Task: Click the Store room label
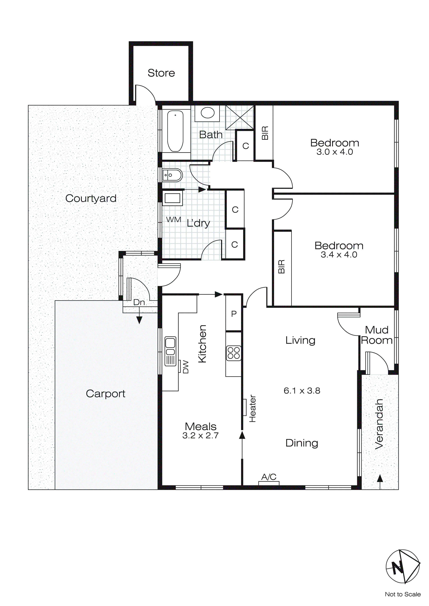[x=161, y=73]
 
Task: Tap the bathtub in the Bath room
[x=175, y=131]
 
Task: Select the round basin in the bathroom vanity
[x=208, y=113]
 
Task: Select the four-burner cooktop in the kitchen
[x=233, y=353]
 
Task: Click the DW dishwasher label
[x=186, y=367]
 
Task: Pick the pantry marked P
[x=234, y=314]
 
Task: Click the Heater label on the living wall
[x=252, y=408]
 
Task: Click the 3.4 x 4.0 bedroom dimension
[x=339, y=255]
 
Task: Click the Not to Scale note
[x=403, y=594]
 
